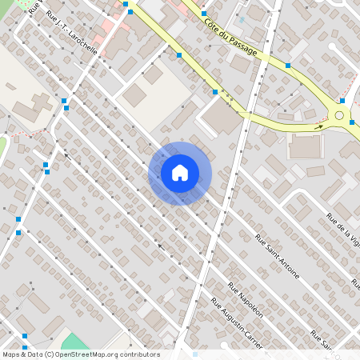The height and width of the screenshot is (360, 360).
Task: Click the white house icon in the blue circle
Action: (179, 173)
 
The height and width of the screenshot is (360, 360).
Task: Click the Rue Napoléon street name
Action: (245, 301)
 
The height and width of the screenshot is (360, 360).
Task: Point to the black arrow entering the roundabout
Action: (319, 126)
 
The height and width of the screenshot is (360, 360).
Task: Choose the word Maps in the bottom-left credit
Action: (12, 354)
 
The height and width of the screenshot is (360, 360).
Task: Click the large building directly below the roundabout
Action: (305, 146)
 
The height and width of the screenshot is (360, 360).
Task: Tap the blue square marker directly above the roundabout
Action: (342, 101)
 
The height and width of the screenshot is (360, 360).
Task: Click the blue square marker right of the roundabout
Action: (352, 122)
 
